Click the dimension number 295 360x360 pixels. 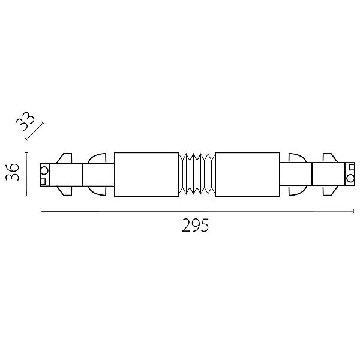click(x=196, y=225)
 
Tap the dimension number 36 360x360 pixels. click(x=13, y=172)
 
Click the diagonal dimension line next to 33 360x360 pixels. click(x=35, y=132)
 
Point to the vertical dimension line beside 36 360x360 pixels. click(x=26, y=174)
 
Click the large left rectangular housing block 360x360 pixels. click(x=147, y=175)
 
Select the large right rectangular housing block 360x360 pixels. click(x=247, y=175)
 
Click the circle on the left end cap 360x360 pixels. click(x=44, y=171)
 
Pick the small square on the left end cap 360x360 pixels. click(x=43, y=182)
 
